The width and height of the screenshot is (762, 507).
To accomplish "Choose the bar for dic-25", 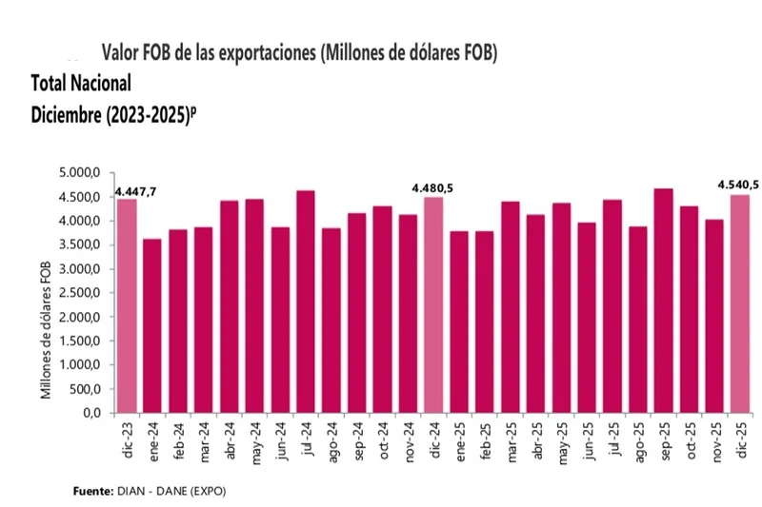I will coord(740,304).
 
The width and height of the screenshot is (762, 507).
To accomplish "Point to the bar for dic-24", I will coord(433,305).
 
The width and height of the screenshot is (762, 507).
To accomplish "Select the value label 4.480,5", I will coord(431,188).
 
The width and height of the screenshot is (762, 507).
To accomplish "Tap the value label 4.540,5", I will coord(738,185).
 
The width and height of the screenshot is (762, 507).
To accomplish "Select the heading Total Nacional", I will coord(81,83).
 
